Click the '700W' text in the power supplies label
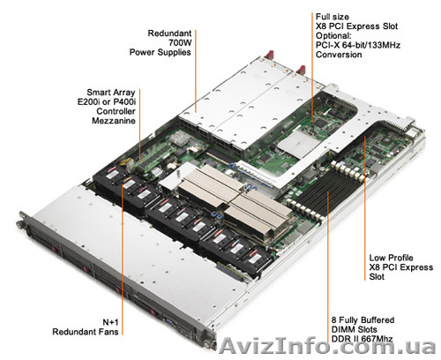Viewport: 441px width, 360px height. coord(180,43)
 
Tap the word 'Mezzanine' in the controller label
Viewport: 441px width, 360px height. coord(114,121)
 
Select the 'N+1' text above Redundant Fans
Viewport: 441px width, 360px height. coord(110,322)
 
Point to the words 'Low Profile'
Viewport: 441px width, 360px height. coord(391,258)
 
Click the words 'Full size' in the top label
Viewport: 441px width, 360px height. coord(333,17)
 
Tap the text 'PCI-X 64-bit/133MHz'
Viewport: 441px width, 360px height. coord(358,45)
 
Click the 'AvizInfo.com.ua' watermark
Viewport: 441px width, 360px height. coord(328,346)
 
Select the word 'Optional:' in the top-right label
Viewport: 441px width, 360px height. coord(333,35)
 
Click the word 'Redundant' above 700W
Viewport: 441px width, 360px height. coord(169,34)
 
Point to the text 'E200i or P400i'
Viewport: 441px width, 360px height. coord(107,101)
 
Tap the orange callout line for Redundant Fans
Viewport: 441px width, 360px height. coord(122,258)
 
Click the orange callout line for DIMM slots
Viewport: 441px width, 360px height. coord(328,266)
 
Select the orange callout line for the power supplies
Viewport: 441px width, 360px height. coord(195,71)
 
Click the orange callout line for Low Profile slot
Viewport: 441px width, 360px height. coord(364,208)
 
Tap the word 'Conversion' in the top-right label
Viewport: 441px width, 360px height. coord(339,55)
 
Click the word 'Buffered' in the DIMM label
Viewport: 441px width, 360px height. coord(377,320)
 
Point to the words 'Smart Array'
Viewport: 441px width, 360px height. coord(111,93)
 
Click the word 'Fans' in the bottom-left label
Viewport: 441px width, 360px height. coord(109,332)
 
